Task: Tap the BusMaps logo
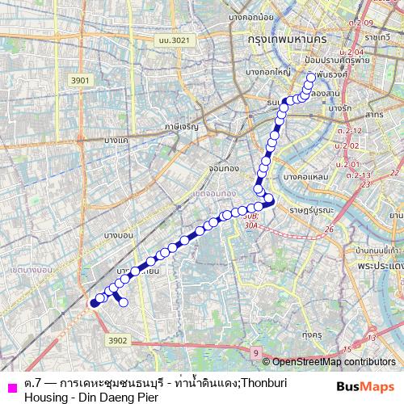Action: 366,387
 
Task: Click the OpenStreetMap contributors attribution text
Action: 332,362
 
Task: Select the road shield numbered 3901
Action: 80,80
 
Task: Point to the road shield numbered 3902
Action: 118,340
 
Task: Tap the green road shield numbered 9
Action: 255,353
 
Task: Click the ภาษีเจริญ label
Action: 183,126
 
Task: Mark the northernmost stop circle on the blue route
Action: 310,78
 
